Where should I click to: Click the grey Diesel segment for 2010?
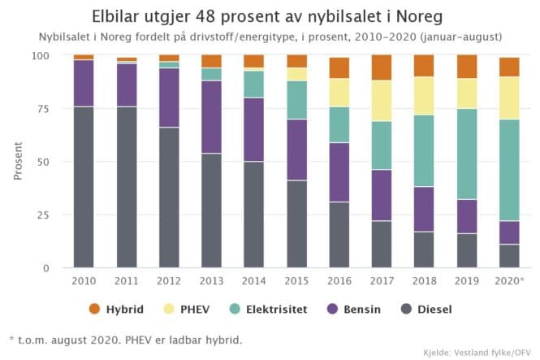[84, 187]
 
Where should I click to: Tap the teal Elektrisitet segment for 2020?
[509, 170]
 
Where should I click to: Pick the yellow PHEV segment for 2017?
[382, 101]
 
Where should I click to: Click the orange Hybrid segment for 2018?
[424, 66]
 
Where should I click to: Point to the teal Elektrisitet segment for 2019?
[467, 154]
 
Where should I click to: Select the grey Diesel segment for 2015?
[296, 224]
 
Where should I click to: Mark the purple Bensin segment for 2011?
[126, 85]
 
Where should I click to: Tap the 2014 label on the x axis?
[254, 281]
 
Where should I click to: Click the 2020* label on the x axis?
[510, 281]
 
